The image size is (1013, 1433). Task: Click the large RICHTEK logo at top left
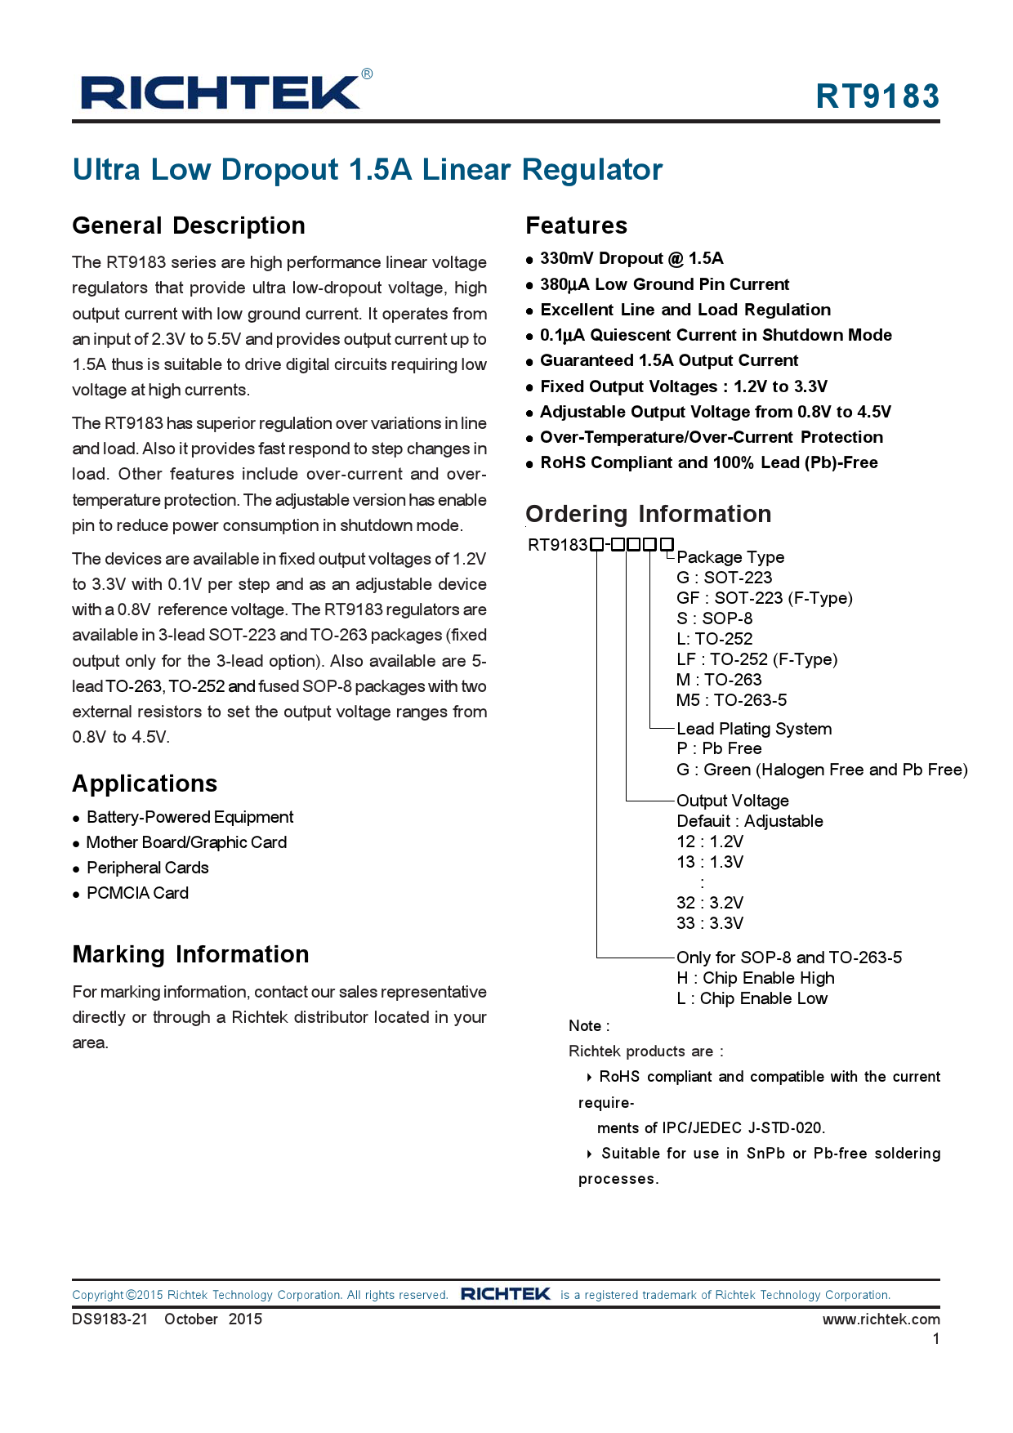pos(221,92)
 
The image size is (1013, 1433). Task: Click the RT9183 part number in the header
pos(877,96)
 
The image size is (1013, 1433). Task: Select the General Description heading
pos(189,225)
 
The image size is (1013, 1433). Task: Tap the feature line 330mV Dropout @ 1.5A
pos(631,259)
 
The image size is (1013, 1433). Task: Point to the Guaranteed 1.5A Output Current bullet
pos(668,361)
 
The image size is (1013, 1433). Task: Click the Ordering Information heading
pos(648,514)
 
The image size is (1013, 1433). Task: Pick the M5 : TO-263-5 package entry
pos(731,700)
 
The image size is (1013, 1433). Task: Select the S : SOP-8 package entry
pos(714,618)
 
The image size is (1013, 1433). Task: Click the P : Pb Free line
pos(719,748)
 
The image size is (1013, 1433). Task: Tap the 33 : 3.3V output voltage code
pos(709,923)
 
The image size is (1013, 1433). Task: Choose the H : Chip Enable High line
pos(756,978)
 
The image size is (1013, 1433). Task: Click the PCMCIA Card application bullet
pos(137,893)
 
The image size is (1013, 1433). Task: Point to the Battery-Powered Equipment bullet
pos(190,817)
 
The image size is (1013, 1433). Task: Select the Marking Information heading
pos(190,954)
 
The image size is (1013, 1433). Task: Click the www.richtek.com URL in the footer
pos(881,1319)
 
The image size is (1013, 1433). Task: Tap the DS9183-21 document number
pos(110,1319)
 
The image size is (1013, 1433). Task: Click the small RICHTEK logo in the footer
pos(505,1294)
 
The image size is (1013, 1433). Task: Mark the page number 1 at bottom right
pos(936,1339)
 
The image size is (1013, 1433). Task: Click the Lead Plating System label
pos(753,729)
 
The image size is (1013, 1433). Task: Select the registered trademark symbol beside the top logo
pos(367,74)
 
